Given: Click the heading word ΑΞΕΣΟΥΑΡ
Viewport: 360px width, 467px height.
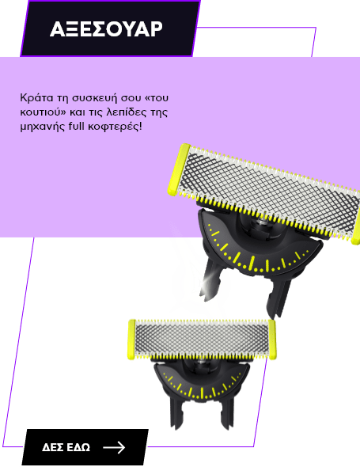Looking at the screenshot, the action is point(106,28).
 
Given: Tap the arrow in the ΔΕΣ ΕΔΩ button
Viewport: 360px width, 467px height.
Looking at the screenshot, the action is point(114,447).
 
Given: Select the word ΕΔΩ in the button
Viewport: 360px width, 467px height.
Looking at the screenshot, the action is point(78,447).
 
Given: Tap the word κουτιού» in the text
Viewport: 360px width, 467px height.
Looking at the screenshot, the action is point(43,112).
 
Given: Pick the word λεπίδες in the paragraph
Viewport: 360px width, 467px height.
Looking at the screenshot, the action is point(125,112).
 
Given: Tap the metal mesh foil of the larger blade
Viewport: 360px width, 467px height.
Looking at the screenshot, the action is point(270,194).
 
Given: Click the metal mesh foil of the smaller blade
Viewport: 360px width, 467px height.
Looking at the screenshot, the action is point(202,340).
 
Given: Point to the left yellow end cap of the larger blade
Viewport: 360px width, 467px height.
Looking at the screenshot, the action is point(178,169).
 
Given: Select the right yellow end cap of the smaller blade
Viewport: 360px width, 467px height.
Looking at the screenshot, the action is point(272,340).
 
